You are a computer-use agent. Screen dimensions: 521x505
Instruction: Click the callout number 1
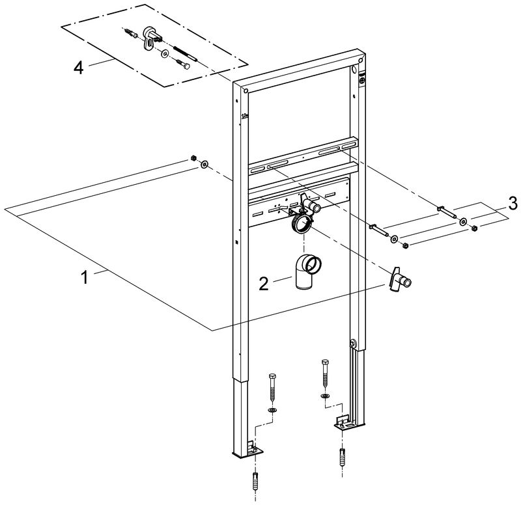(85, 277)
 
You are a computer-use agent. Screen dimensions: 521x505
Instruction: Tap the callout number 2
(264, 284)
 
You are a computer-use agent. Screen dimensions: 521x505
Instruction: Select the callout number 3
(513, 203)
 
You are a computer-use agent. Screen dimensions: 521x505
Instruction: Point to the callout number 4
(78, 68)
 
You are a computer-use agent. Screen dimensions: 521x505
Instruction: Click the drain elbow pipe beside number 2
(307, 271)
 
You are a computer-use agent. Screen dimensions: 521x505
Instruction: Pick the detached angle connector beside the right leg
(398, 280)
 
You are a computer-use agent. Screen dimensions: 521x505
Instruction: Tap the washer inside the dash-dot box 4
(165, 53)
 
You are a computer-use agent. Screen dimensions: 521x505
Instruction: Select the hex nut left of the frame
(193, 157)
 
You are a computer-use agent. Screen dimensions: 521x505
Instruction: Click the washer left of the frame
(204, 164)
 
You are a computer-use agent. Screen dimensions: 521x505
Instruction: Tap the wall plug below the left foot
(255, 479)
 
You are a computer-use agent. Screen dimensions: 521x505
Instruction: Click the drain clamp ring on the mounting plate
(302, 225)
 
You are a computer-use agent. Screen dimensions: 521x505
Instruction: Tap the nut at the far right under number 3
(475, 228)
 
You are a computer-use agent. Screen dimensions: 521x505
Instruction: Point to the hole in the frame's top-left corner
(246, 90)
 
